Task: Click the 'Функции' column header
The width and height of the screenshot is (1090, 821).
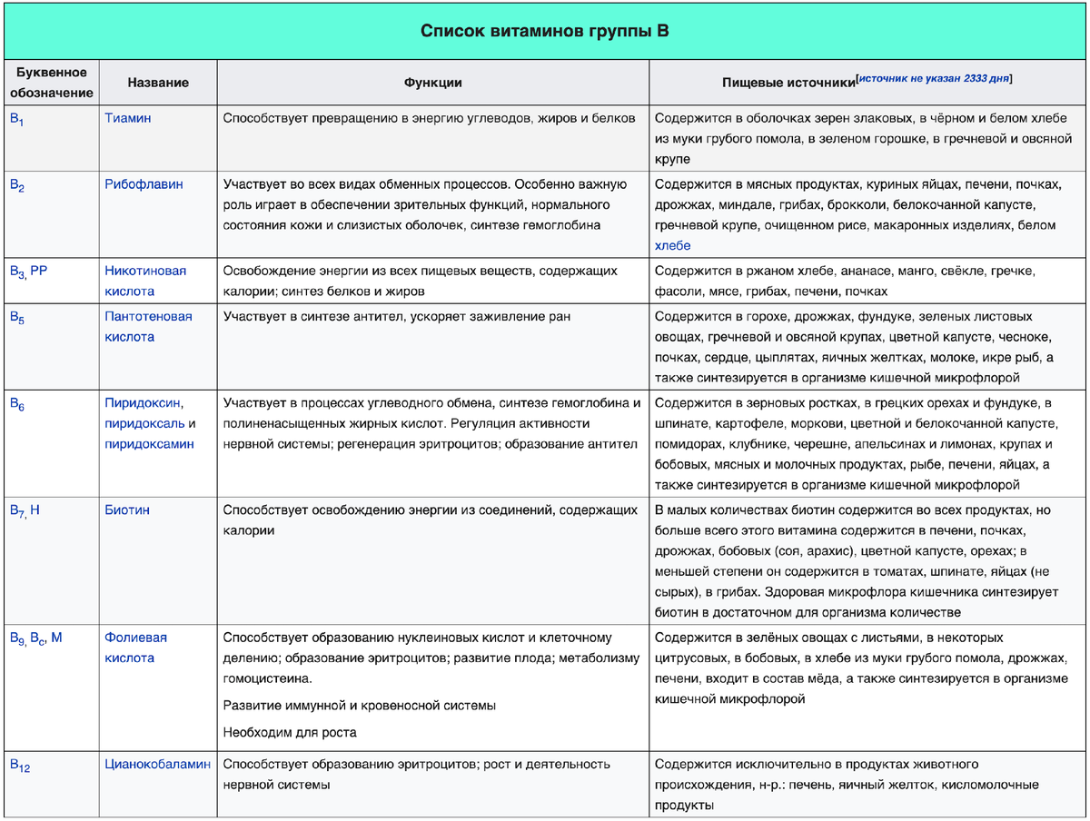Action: click(x=432, y=83)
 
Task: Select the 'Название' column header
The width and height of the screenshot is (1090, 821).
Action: click(x=158, y=83)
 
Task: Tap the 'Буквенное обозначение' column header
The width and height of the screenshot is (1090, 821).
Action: click(x=51, y=83)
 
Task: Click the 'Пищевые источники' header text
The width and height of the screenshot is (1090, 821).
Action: click(x=788, y=83)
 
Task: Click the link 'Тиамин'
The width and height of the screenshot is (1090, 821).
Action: click(x=128, y=118)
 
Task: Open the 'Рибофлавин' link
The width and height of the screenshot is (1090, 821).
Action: click(x=144, y=184)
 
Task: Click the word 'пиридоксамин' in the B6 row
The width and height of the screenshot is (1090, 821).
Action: click(x=149, y=444)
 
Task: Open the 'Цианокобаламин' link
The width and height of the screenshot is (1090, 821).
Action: click(x=157, y=765)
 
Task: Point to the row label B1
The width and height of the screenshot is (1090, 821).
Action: click(x=17, y=119)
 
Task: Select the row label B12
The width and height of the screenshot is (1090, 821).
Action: click(x=20, y=767)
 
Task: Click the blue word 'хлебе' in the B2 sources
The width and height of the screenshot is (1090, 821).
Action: click(x=672, y=246)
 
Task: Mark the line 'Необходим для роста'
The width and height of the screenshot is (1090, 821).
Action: click(x=290, y=733)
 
